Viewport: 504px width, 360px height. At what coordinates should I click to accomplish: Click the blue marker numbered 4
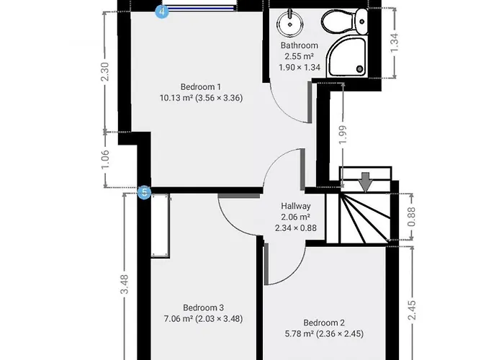point(162,12)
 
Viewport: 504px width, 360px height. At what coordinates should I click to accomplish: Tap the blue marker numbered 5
point(144,192)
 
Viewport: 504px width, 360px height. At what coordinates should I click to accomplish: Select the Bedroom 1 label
point(181,87)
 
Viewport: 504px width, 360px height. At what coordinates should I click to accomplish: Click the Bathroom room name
point(299,45)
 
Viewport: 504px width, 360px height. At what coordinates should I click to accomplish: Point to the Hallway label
point(295,205)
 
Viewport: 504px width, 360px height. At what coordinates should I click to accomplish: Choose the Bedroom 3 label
point(198,306)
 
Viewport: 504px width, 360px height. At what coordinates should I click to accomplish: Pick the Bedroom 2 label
point(319,322)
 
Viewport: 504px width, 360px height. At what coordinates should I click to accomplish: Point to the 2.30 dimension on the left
point(106,73)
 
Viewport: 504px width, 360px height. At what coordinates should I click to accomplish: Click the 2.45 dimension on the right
point(411,310)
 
